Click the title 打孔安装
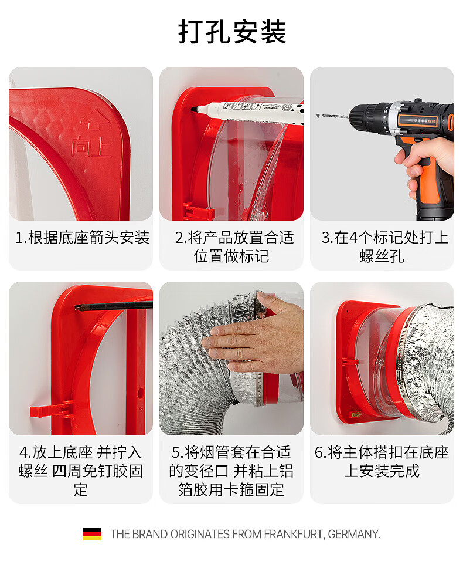(x=232, y=32)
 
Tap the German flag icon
(x=92, y=534)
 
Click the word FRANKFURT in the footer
(x=294, y=534)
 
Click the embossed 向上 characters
(x=91, y=146)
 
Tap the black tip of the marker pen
(x=194, y=109)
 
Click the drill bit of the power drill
(x=333, y=116)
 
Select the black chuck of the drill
(x=368, y=115)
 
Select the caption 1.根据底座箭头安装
(x=82, y=238)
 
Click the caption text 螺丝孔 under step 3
(x=382, y=256)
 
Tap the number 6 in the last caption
(x=319, y=452)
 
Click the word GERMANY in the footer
(x=353, y=534)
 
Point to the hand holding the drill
(x=425, y=161)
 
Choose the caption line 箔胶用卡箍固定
(x=231, y=490)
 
